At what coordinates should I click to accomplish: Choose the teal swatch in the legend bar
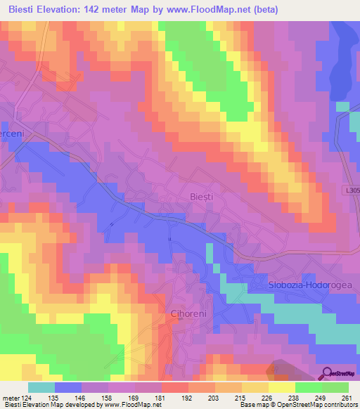pos(41,387)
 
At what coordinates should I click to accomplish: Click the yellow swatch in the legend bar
pos(282,387)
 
